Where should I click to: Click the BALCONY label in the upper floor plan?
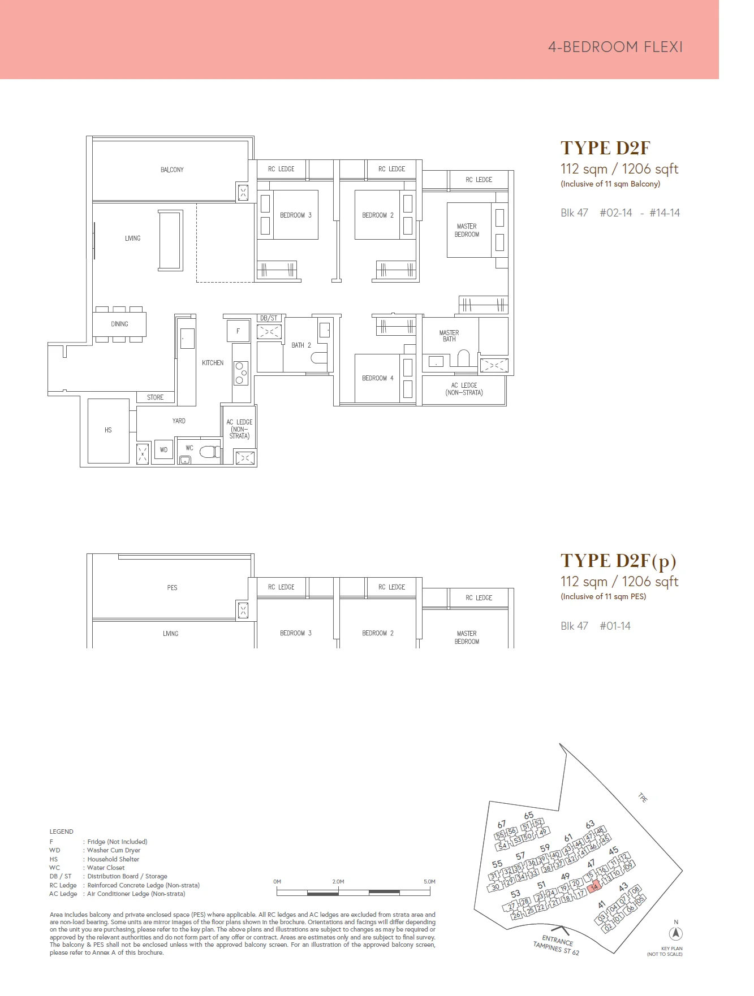pos(172,170)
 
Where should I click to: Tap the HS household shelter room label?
pos(108,430)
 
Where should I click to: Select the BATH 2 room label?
pos(301,345)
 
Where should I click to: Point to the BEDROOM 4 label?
pos(377,378)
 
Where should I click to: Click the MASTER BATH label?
pos(449,336)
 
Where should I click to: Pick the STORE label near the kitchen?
pos(155,397)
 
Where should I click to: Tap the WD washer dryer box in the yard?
pos(163,450)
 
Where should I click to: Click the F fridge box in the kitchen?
pos(238,331)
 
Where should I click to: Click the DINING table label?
pos(119,324)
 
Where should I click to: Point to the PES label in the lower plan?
pos(172,588)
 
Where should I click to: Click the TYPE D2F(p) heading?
pos(618,561)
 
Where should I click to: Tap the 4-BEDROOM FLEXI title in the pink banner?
pos(615,47)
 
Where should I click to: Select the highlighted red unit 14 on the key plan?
pos(594,887)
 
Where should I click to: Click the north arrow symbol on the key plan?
pos(676,933)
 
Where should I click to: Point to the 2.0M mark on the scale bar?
pos(338,881)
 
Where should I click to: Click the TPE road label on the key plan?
pos(643,798)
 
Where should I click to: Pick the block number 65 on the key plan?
pos(528,815)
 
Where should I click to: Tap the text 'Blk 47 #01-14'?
pos(595,626)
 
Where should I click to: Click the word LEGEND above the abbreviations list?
pos(61,832)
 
